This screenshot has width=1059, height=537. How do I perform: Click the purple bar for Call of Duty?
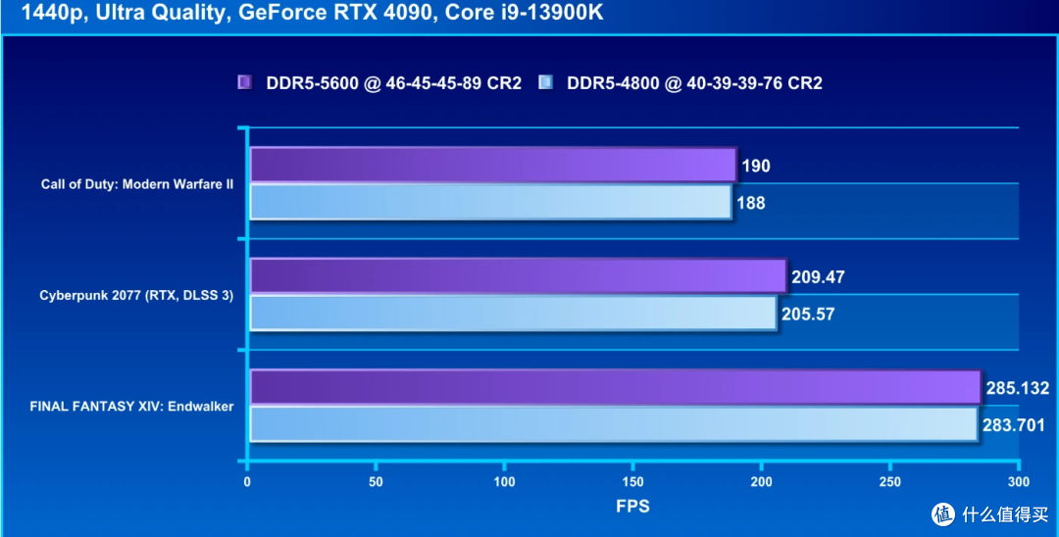(492, 165)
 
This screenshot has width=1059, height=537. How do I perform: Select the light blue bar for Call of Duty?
(490, 203)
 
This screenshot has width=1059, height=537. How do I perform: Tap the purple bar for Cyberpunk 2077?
(518, 276)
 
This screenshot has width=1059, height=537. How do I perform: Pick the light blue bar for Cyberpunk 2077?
(513, 314)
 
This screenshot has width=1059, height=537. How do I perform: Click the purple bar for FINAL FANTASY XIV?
(615, 387)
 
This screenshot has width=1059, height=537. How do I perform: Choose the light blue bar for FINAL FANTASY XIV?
(613, 424)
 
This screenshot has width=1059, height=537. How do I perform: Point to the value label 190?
(756, 166)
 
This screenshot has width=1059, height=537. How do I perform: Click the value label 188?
(751, 204)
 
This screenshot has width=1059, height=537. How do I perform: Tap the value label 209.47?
(818, 277)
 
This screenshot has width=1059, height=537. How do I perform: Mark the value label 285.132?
(1017, 388)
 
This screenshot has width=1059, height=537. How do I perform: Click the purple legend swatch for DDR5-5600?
(245, 83)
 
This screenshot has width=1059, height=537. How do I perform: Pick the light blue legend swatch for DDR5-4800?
(546, 83)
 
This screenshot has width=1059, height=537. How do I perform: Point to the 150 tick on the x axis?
(632, 482)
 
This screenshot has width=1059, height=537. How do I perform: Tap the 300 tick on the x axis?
(1019, 482)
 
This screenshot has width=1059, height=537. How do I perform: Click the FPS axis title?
(632, 507)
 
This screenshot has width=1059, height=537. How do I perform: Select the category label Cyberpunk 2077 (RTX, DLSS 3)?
(136, 295)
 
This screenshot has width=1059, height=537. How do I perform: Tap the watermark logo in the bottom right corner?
(943, 514)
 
